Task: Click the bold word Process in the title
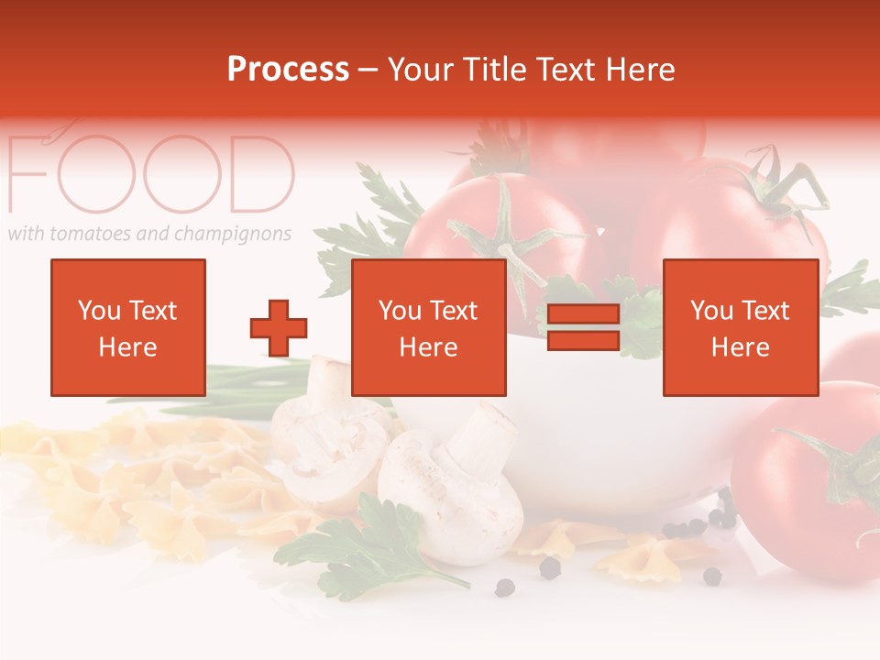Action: [288, 70]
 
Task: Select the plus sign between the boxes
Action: [279, 328]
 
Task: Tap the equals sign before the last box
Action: [584, 328]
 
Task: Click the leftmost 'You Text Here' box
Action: [127, 328]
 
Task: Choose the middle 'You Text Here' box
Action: [428, 328]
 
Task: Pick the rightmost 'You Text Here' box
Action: [740, 328]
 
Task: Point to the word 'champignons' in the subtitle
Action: [239, 235]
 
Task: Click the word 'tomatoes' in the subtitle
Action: [91, 234]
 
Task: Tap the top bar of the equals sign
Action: [584, 315]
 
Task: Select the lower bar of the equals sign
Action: [584, 341]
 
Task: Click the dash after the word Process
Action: [368, 71]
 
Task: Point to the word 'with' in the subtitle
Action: [26, 233]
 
